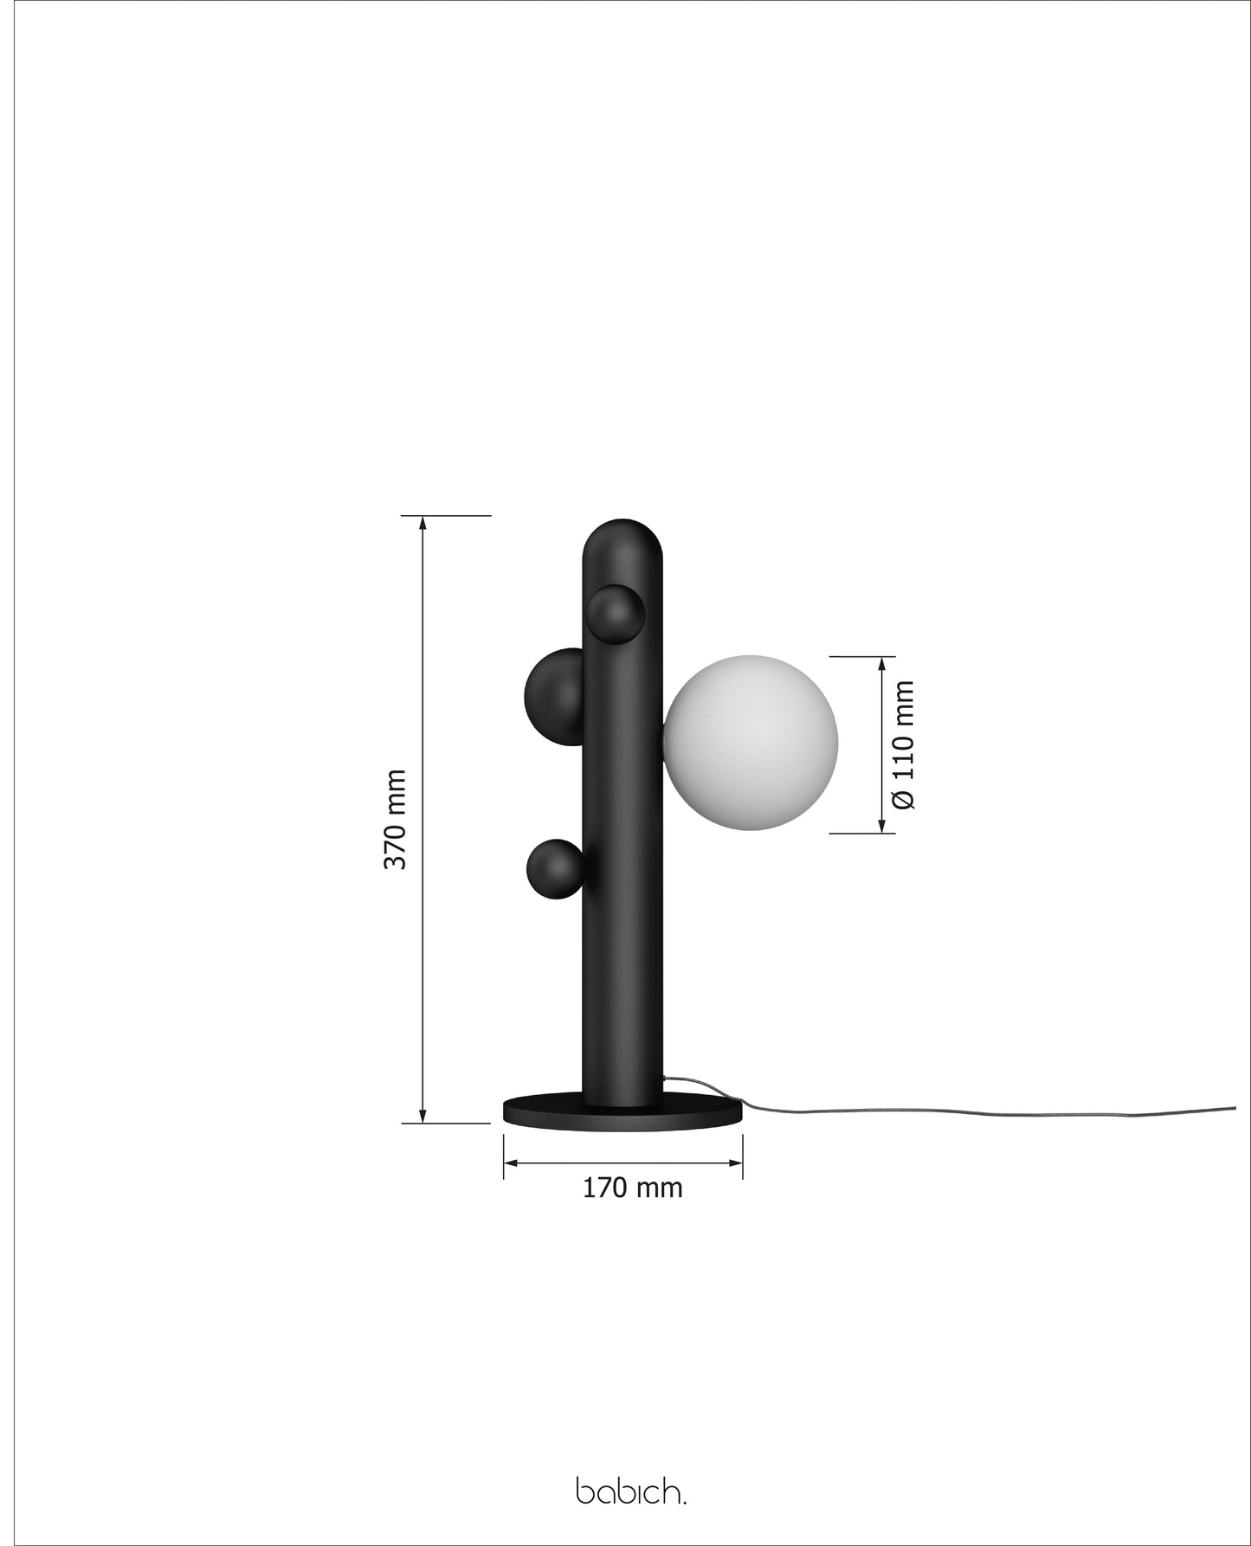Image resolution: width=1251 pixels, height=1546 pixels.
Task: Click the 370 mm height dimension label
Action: tap(395, 819)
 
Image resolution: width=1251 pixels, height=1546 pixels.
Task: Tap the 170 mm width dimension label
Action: tap(632, 1188)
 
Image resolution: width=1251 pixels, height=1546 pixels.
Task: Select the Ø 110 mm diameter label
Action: tap(903, 744)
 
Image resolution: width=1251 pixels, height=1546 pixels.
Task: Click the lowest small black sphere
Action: tap(553, 869)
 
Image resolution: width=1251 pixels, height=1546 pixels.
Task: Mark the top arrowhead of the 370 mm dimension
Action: tap(422, 522)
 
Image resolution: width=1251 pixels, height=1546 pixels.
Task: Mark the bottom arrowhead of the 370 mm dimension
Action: tap(422, 1117)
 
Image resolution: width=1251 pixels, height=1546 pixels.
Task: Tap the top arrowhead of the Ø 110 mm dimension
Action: tap(882, 663)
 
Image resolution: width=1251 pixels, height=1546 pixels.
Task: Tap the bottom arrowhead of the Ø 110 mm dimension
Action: tap(882, 827)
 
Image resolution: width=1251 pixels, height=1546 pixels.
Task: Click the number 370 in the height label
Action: tap(395, 845)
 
